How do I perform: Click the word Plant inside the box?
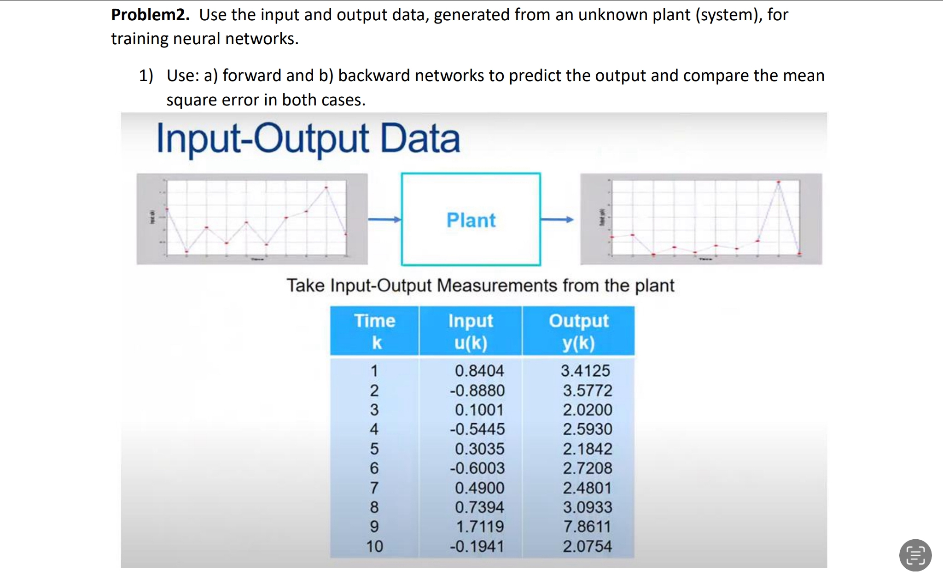[471, 220]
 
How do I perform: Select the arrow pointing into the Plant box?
[384, 220]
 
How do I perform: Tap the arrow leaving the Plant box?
[557, 220]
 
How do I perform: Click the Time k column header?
[375, 331]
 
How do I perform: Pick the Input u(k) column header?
[471, 331]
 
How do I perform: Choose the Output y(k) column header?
[578, 331]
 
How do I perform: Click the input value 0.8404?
[479, 371]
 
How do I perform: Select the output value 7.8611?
[587, 526]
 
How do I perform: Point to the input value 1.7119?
[479, 526]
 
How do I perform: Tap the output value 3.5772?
[587, 390]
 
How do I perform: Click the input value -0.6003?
[477, 468]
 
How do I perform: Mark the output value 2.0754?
[587, 546]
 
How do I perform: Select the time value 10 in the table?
[374, 546]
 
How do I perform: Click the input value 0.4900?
[479, 488]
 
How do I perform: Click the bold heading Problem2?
[150, 15]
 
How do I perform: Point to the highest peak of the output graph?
[779, 182]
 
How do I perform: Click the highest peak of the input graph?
[326, 187]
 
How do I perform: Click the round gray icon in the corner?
[915, 555]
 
